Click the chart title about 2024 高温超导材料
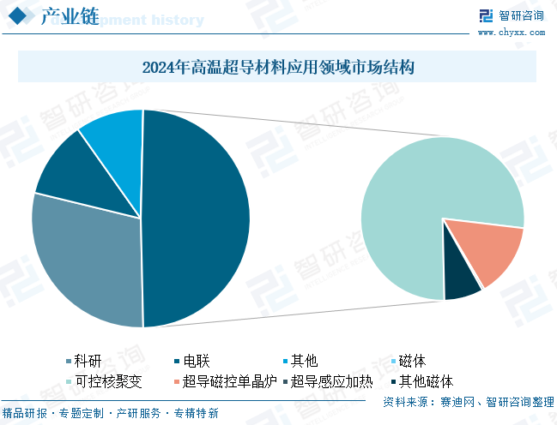point(277,67)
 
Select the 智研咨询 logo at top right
point(512,15)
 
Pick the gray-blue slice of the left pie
point(86,257)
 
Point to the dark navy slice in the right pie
point(462,282)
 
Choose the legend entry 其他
point(304,360)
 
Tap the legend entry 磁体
point(413,360)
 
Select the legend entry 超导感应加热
point(331,381)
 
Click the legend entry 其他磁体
point(425,381)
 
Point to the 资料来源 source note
point(468,401)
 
